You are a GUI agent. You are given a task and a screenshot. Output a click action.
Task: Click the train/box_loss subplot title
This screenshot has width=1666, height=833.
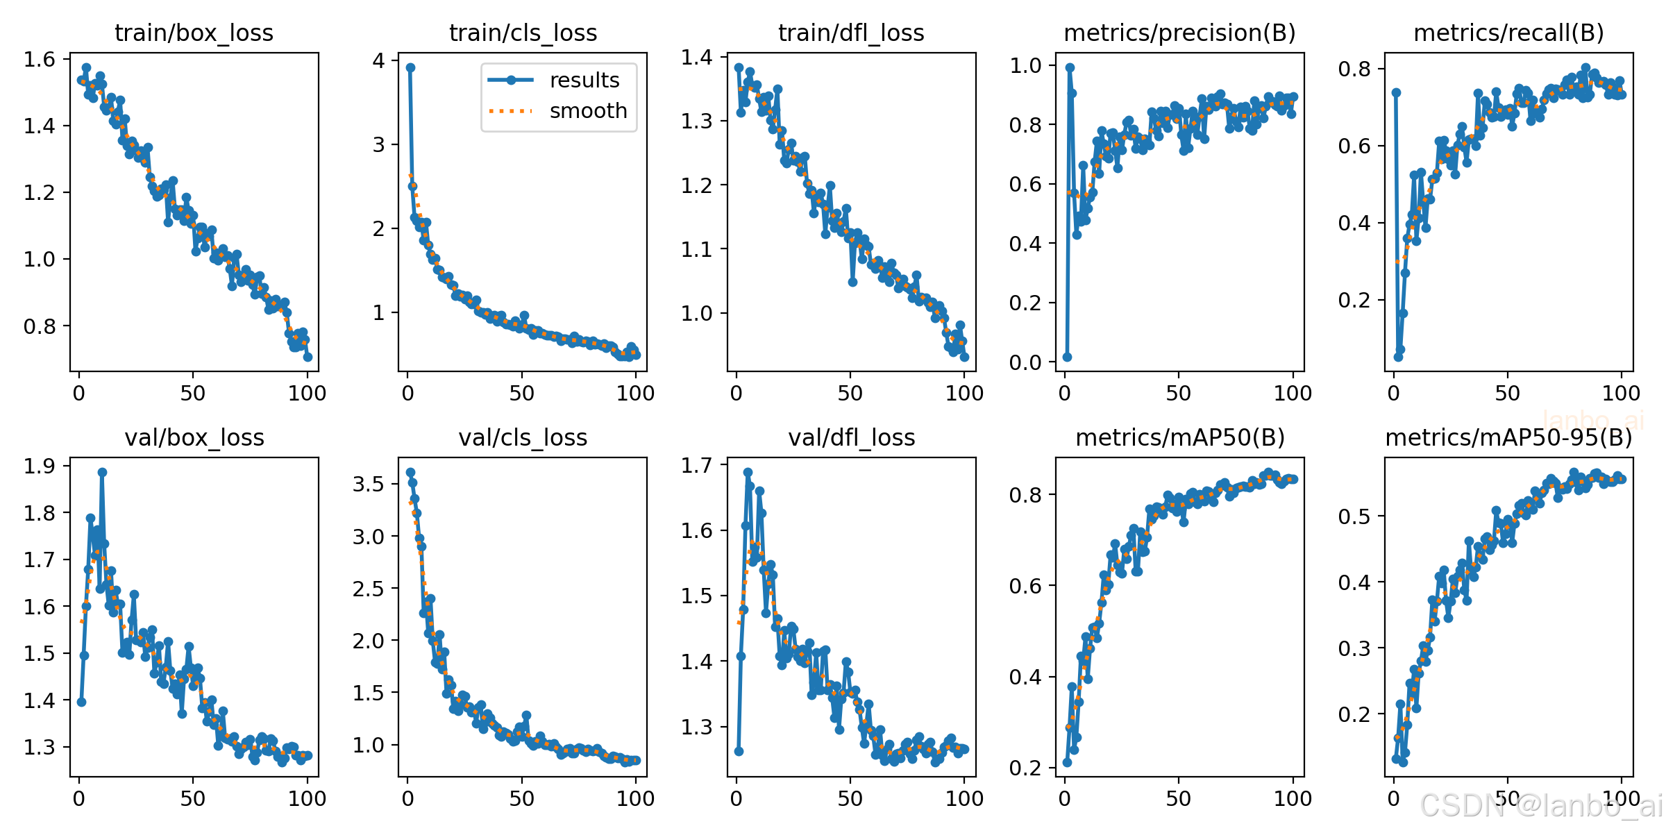pos(194,33)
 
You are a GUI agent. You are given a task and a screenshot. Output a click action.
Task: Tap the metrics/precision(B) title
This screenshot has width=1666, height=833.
pos(1179,33)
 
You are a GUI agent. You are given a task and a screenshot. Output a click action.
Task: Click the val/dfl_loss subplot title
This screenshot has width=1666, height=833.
pos(852,437)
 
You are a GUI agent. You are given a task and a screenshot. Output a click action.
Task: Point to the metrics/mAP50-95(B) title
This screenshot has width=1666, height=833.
pos(1508,437)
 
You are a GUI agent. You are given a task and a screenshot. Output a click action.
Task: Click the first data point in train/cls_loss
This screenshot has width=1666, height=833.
pos(410,67)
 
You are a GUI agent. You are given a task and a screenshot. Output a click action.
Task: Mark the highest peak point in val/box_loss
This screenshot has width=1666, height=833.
pos(102,472)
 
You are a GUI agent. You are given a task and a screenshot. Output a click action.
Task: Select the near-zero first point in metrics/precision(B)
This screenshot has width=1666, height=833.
pos(1067,357)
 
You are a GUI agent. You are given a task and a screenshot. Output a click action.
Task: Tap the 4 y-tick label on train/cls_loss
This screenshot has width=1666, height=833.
pos(378,60)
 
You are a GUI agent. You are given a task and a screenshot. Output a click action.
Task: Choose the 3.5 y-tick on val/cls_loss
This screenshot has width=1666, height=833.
pos(368,484)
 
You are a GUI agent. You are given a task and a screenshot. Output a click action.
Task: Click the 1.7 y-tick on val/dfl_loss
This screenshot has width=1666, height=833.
pos(696,465)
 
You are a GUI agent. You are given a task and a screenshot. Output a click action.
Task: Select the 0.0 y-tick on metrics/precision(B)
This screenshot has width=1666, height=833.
pos(1025,362)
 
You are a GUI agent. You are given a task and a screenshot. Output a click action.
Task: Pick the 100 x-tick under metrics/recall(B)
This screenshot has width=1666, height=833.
pos(1621,394)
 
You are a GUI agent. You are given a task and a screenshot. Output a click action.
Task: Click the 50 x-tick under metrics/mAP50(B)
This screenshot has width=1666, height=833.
pos(1179,799)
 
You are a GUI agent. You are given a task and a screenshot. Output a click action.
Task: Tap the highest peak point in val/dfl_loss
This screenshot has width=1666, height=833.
pos(748,472)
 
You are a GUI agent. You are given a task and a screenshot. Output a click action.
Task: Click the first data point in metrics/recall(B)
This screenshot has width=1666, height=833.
pos(1396,92)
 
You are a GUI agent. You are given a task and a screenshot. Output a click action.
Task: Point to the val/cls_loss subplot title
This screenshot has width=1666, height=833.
pos(523,437)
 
